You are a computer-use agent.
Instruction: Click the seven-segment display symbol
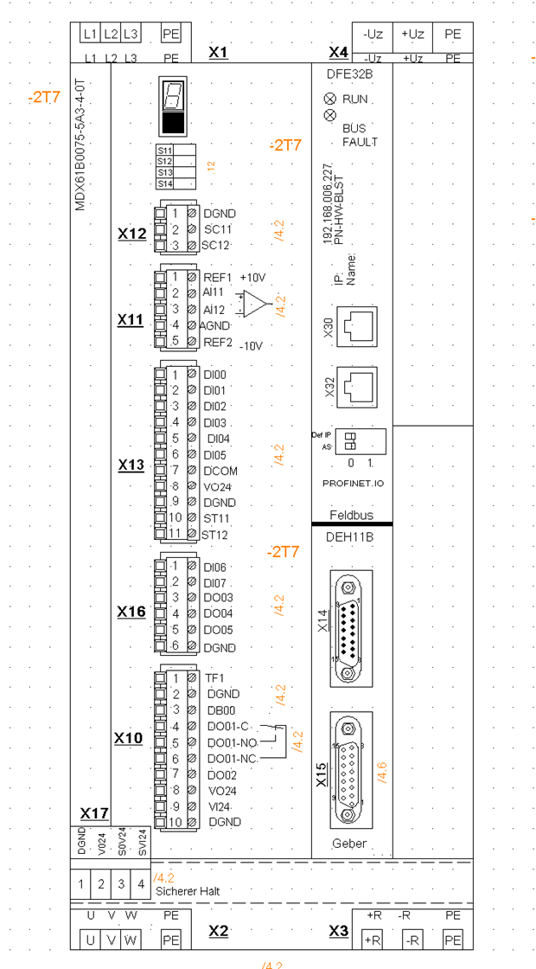point(173,107)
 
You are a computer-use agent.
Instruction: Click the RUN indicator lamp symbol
point(329,99)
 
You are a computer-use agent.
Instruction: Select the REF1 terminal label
point(218,278)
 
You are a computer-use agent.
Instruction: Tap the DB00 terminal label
point(221,709)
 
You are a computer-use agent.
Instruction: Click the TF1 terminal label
point(214,677)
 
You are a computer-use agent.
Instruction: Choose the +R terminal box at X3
point(373,940)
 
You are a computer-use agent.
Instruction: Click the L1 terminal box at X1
point(90,34)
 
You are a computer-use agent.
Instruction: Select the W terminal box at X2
point(131,940)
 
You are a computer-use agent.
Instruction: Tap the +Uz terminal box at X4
point(413,34)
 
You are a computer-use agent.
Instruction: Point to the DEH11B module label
point(349,536)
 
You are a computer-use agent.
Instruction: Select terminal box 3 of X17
point(121,884)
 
